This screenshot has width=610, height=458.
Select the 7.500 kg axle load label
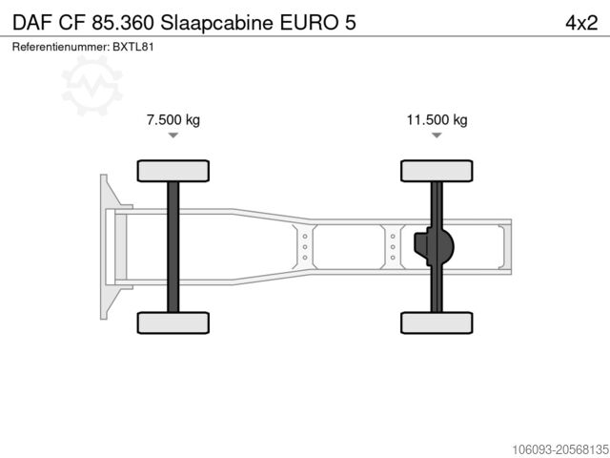tap(173, 120)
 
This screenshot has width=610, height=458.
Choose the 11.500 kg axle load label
tap(437, 120)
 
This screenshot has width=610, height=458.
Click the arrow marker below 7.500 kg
tap(173, 135)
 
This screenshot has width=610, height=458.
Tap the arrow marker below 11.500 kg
tap(437, 135)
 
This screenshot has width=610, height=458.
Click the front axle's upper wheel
tap(173, 171)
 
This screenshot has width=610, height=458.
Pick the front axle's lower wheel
tap(173, 323)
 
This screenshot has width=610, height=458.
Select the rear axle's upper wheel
tap(437, 171)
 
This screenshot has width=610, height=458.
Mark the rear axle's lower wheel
tap(437, 323)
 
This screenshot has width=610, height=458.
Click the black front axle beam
tap(173, 246)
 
